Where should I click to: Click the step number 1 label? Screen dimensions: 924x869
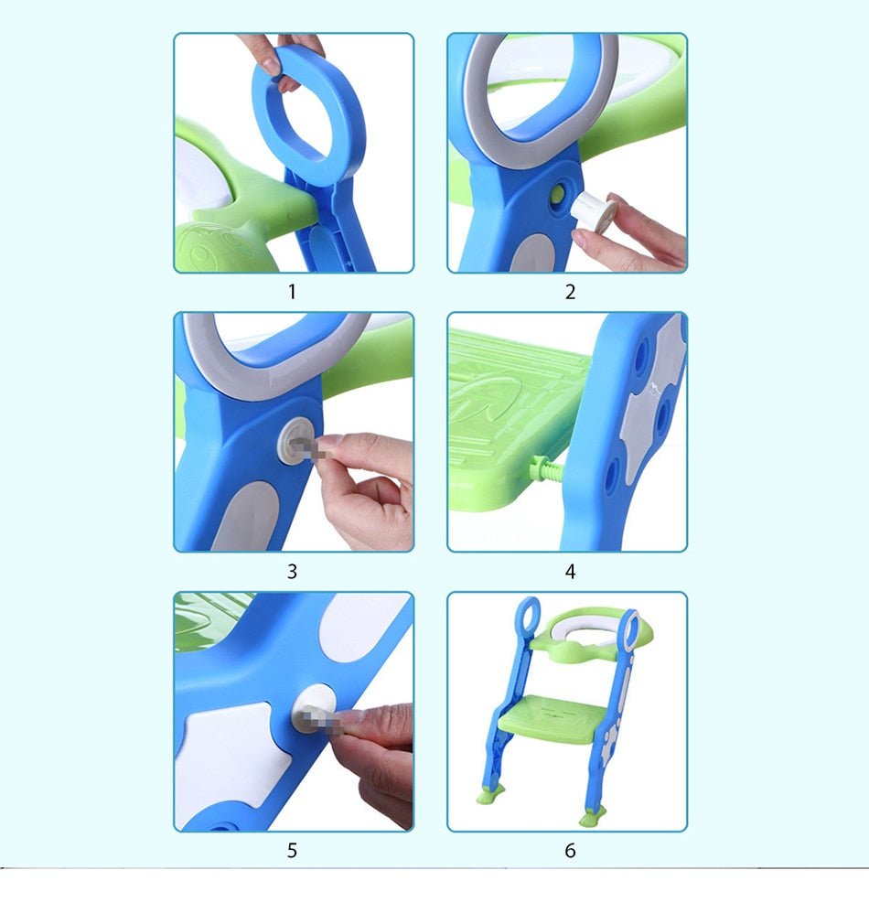click(x=292, y=293)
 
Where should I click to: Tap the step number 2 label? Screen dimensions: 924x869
click(x=570, y=293)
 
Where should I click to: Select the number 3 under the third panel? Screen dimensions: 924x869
click(x=292, y=572)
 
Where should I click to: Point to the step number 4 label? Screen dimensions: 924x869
click(x=570, y=572)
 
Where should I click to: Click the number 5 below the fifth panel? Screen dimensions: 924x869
click(x=292, y=851)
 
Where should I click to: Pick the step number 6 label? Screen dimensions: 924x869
click(x=570, y=851)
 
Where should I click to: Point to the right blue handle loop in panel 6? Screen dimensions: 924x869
click(x=628, y=627)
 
